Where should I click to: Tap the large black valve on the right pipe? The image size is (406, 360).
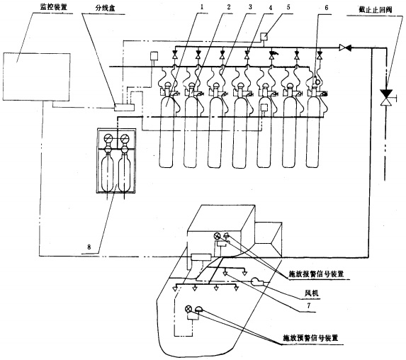coord(386,94)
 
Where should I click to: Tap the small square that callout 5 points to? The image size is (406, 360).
coord(262,38)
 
